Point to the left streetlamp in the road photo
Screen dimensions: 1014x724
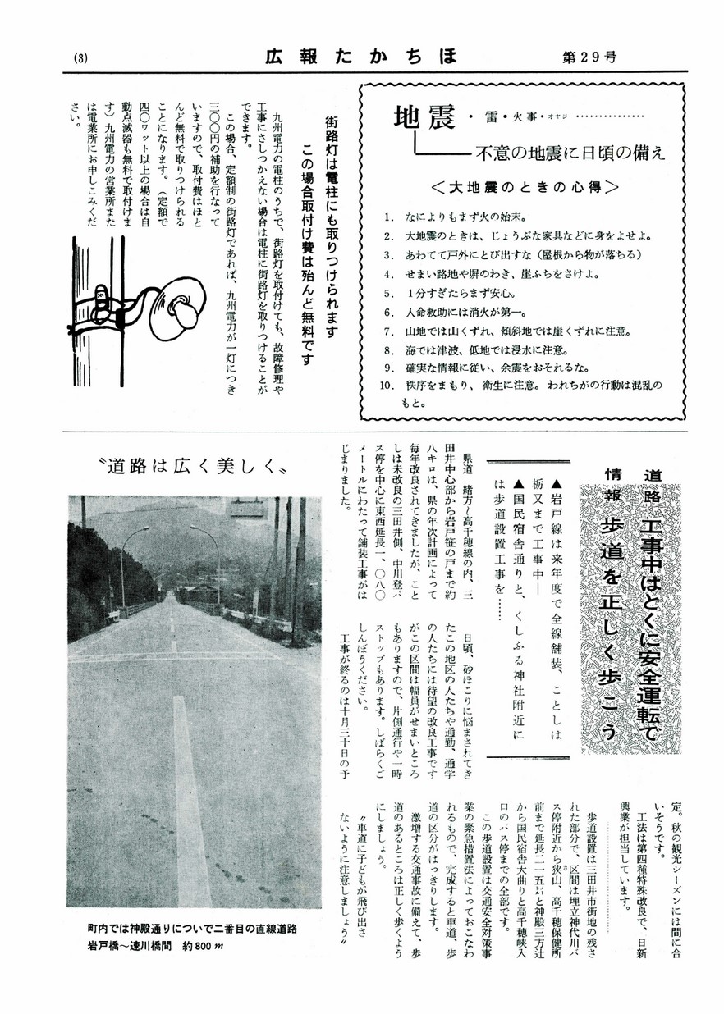pos(124,566)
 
